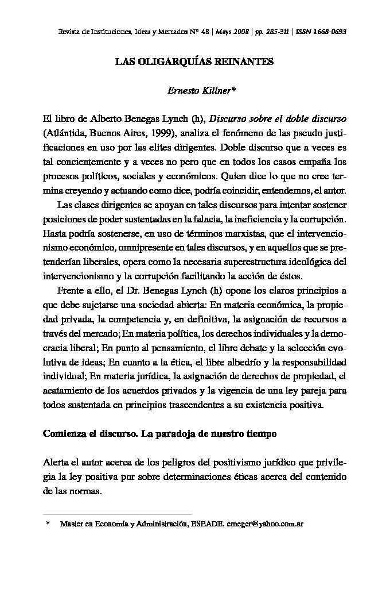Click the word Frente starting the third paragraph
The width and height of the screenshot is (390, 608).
point(72,291)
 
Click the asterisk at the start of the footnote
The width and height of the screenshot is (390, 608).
point(48,524)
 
